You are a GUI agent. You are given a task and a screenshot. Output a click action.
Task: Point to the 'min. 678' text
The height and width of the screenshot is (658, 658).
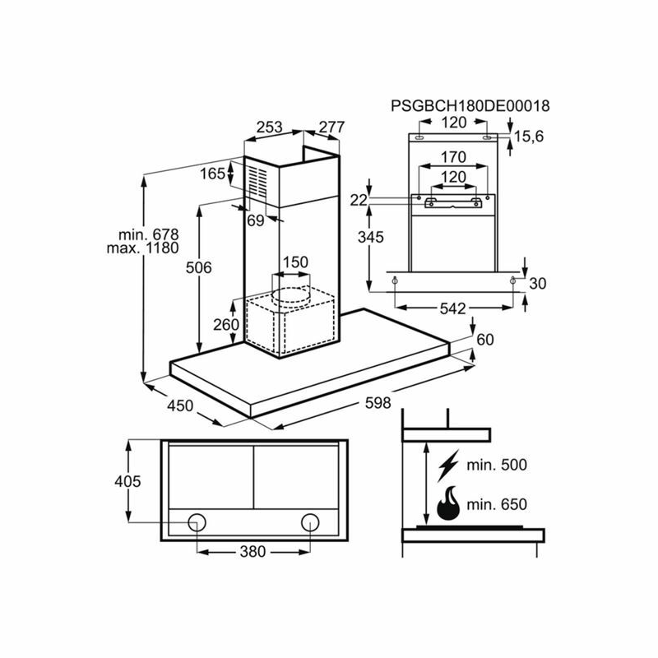tap(147, 234)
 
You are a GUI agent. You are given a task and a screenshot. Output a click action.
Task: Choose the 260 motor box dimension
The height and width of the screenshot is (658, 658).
tap(225, 324)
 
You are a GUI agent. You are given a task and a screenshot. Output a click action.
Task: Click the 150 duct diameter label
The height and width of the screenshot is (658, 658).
tap(295, 262)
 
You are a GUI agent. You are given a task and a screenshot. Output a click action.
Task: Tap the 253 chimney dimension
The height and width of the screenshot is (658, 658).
tap(269, 127)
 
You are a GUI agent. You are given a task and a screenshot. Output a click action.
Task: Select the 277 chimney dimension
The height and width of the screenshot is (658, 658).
tap(331, 127)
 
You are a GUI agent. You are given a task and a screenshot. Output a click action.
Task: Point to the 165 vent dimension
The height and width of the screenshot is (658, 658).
tap(212, 174)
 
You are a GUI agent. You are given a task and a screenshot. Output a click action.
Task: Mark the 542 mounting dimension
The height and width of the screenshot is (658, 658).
tap(452, 308)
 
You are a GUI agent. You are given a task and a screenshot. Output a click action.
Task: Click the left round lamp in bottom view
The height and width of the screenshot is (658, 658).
tap(197, 521)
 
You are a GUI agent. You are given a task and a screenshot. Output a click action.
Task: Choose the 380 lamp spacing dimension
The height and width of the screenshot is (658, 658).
tap(253, 552)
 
